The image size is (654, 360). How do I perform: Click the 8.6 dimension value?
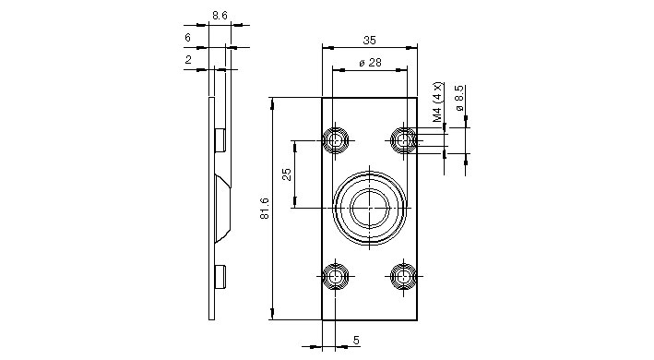(x=220, y=16)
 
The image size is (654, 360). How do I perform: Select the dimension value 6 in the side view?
(x=187, y=38)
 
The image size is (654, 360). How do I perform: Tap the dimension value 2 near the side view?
(x=188, y=60)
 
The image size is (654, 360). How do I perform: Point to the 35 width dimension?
(x=370, y=40)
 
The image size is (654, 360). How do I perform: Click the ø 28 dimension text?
(x=370, y=63)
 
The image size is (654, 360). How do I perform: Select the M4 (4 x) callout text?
(x=436, y=102)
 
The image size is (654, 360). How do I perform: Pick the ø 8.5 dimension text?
(x=459, y=98)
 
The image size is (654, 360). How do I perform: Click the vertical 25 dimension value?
(x=287, y=174)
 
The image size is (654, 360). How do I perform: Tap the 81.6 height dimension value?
(x=265, y=209)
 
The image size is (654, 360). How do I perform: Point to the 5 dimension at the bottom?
(x=356, y=340)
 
